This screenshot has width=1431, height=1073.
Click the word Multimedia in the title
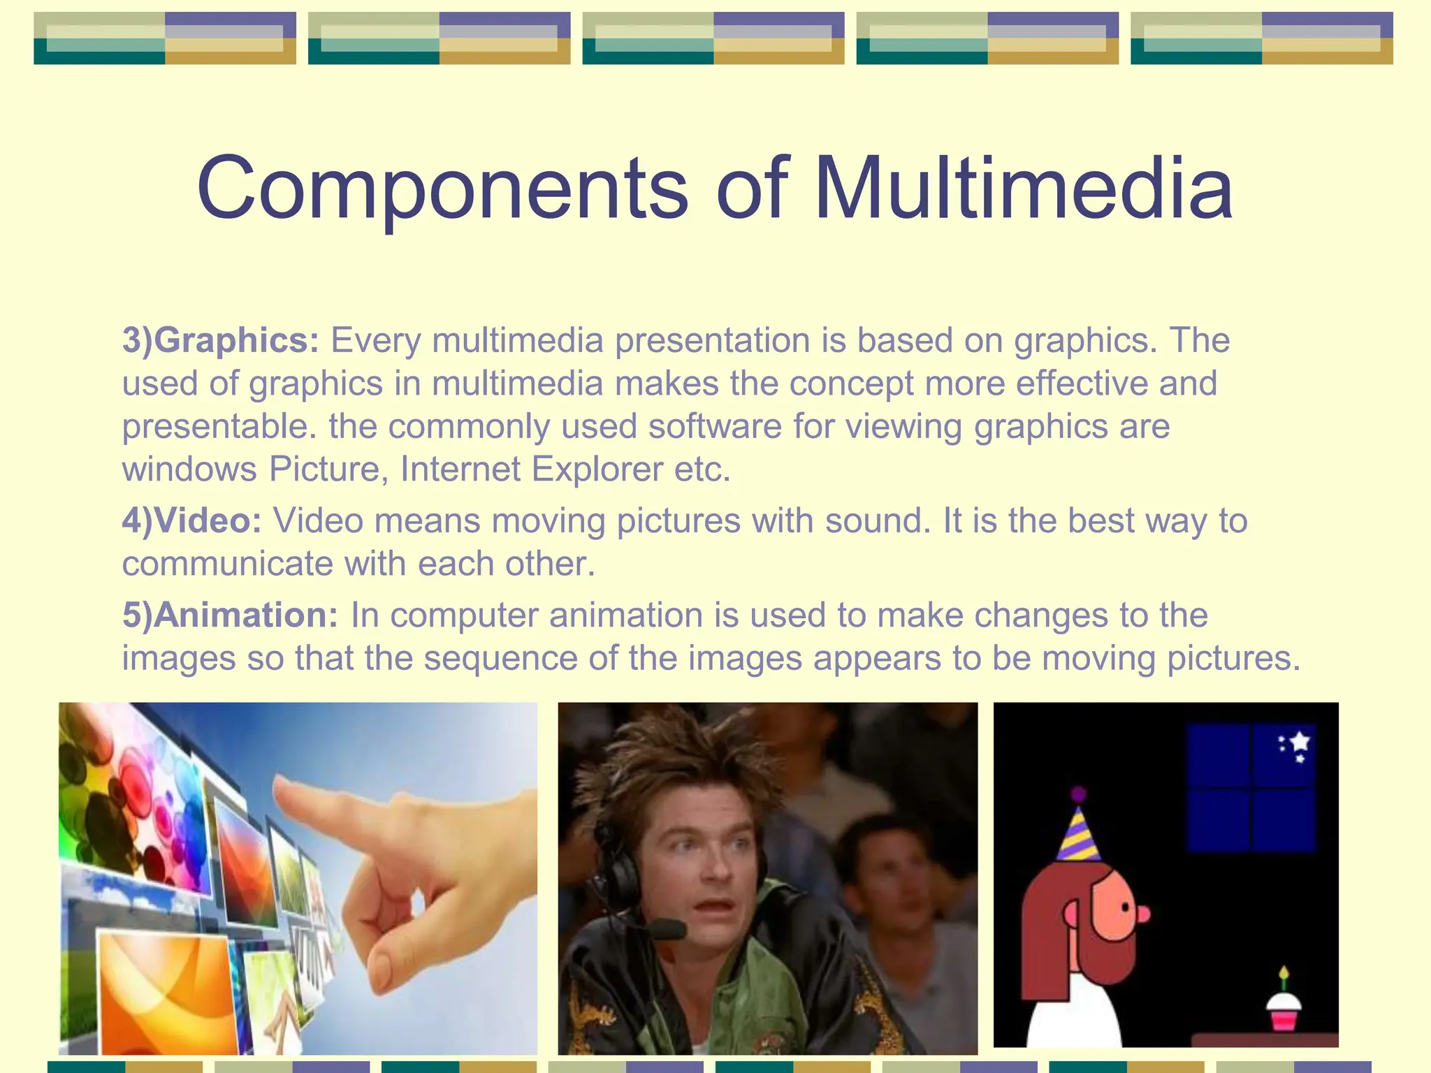point(1023,189)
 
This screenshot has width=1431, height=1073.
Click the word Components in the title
point(442,189)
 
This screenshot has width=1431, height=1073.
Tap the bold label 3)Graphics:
point(221,340)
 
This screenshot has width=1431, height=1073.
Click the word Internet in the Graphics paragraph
point(460,469)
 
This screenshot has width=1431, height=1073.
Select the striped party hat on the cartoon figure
point(1077,835)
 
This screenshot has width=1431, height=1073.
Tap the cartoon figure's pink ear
point(1072,913)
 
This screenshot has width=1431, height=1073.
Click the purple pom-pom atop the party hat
point(1078,794)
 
